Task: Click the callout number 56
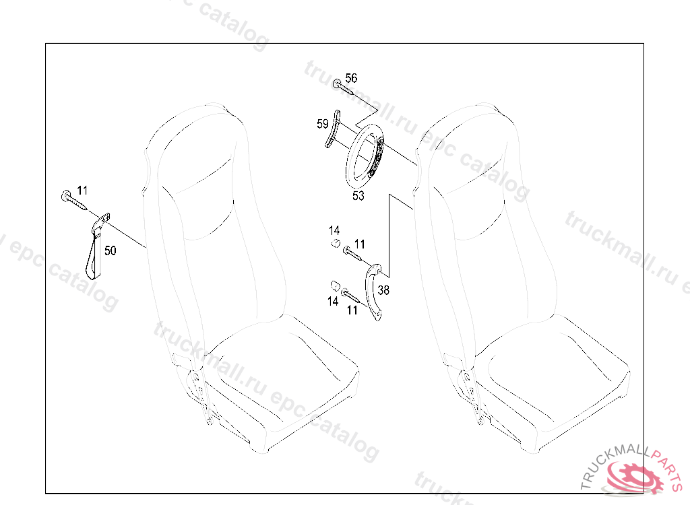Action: click(x=351, y=78)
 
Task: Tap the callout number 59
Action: click(x=323, y=124)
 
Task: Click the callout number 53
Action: click(x=358, y=196)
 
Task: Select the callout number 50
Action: click(x=110, y=250)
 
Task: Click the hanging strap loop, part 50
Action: click(x=97, y=246)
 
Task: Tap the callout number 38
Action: click(x=383, y=290)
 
